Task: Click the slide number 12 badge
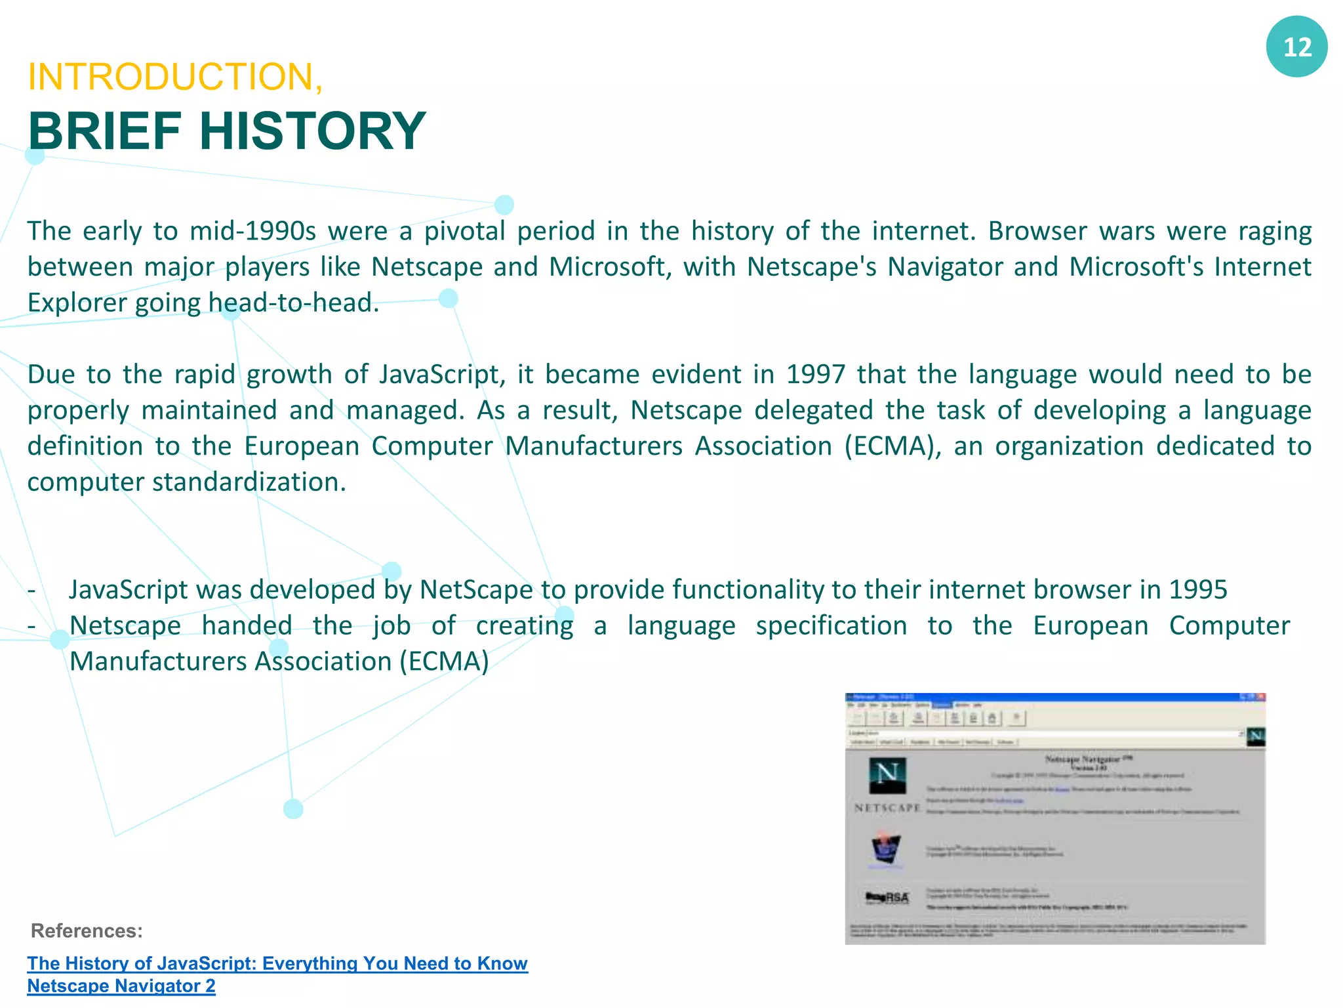[x=1296, y=47]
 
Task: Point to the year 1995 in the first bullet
[x=1197, y=590]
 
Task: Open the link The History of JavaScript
[x=277, y=963]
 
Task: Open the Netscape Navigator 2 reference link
[x=121, y=986]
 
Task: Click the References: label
[x=87, y=931]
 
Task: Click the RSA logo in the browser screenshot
[x=887, y=897]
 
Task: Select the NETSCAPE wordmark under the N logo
[x=887, y=808]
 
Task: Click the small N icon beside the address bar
[x=1255, y=736]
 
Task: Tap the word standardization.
[x=249, y=482]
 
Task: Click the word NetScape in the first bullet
[x=476, y=590]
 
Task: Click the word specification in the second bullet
[x=831, y=625]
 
